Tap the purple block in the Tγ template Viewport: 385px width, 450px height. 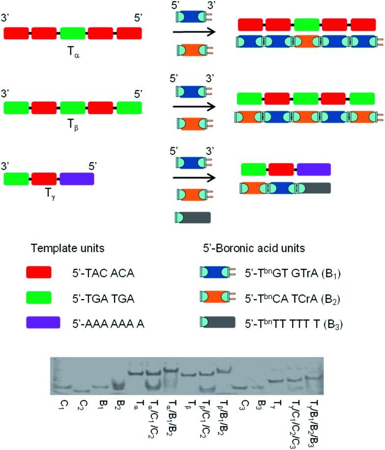tap(77, 178)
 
